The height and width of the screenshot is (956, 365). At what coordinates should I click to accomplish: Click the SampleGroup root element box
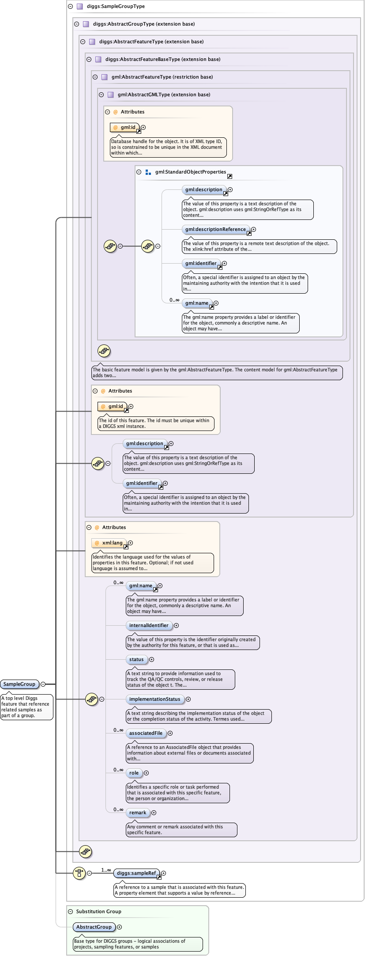[19, 684]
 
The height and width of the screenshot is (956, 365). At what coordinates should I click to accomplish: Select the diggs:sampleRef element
[136, 873]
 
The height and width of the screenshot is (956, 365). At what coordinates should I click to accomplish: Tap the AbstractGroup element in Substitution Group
[94, 927]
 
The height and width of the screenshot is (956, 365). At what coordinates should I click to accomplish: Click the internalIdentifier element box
[149, 625]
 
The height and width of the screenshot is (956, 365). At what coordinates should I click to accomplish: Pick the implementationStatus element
[154, 699]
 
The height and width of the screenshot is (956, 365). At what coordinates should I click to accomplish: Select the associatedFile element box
[146, 733]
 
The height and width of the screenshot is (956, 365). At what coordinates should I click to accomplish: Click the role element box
[134, 773]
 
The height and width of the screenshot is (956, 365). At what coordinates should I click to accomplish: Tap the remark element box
[137, 812]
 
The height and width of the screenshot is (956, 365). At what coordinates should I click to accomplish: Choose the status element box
[136, 659]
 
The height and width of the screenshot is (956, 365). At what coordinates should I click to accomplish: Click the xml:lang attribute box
[112, 543]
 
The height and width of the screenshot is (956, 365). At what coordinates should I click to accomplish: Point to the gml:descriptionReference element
[215, 229]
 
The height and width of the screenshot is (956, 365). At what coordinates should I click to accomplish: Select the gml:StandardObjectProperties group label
[190, 172]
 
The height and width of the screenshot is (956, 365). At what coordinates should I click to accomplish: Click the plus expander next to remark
[154, 812]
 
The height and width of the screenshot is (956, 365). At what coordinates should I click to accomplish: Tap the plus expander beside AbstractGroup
[119, 927]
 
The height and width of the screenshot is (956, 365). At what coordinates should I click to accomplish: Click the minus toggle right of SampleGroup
[43, 684]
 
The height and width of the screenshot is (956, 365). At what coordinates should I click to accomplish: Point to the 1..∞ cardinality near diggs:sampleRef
[106, 870]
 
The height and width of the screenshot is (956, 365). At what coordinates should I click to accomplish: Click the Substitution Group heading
[98, 911]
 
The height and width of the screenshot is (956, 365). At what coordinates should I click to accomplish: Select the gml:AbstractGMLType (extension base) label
[164, 94]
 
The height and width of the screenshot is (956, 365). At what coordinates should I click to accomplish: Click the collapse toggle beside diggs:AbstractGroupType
[77, 24]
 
